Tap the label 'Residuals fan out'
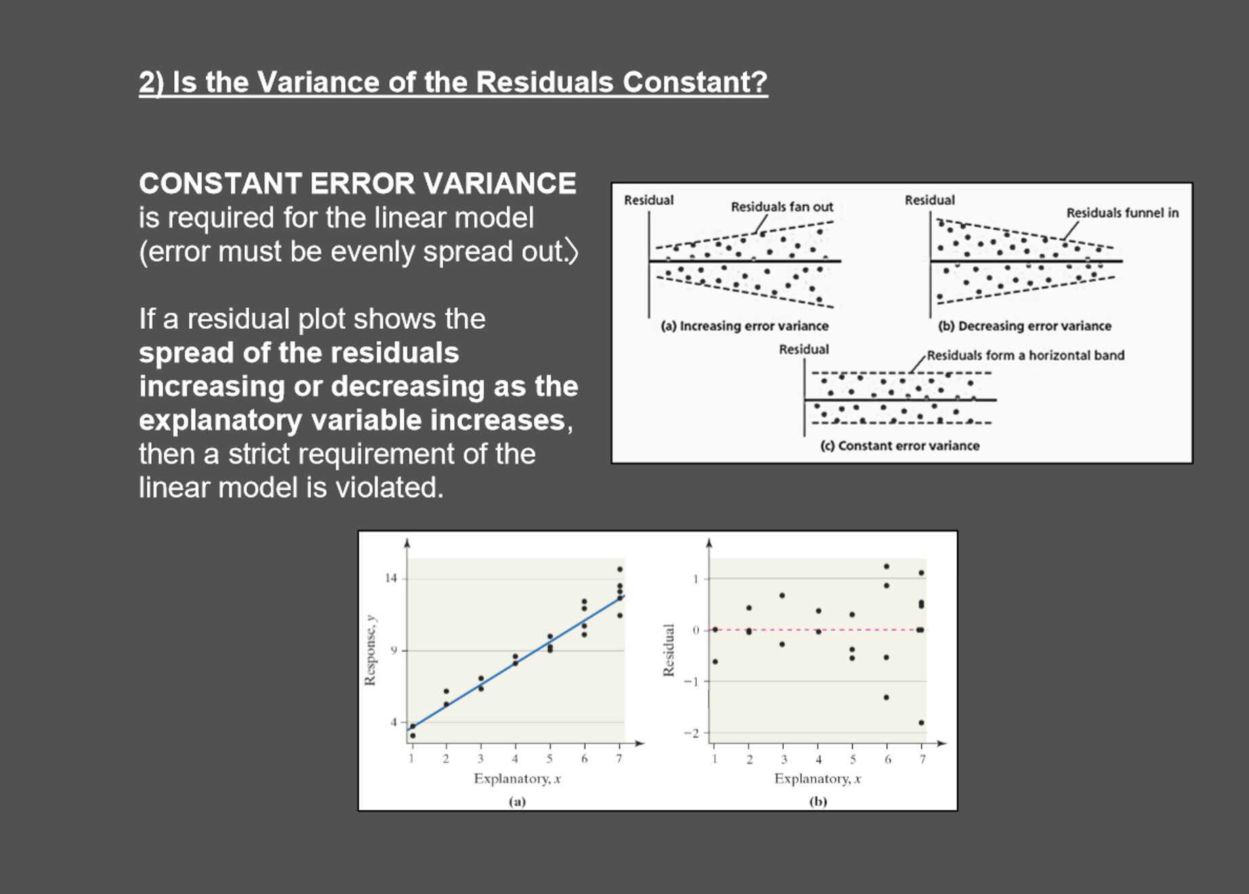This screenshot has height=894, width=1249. coord(781,207)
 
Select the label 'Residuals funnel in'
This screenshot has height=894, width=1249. coord(1122,213)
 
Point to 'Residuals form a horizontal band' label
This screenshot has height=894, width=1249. coord(1025,355)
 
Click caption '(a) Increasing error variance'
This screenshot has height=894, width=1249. coord(744,326)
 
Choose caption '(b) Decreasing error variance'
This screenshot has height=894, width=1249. coord(1024,326)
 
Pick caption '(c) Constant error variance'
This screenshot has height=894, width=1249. coord(899,446)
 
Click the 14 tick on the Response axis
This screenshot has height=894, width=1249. coord(391,579)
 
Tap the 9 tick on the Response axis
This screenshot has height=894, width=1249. coord(393,650)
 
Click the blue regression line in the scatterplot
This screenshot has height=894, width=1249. coord(515,661)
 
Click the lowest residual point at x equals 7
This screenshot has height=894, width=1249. coord(921,723)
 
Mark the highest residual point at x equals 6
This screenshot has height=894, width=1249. coord(886,566)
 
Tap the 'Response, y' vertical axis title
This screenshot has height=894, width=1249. coord(370,650)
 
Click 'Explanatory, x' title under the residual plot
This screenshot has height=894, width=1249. coord(817,779)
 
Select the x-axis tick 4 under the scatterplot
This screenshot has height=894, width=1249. coord(515,760)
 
